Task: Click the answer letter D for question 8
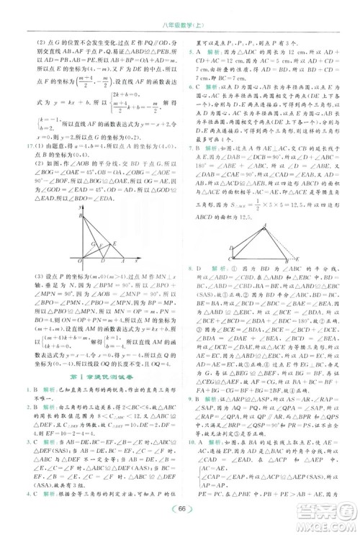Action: [x=200, y=266]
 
